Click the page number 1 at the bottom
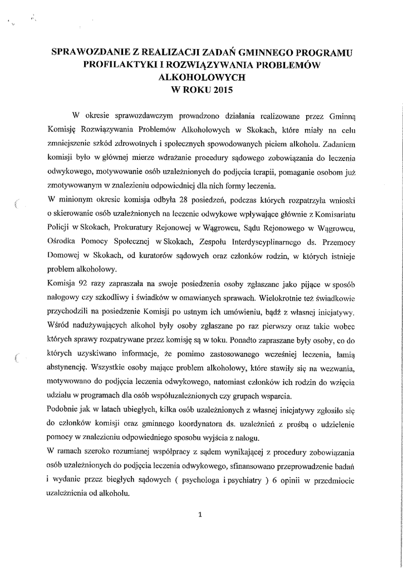tap(201, 514)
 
